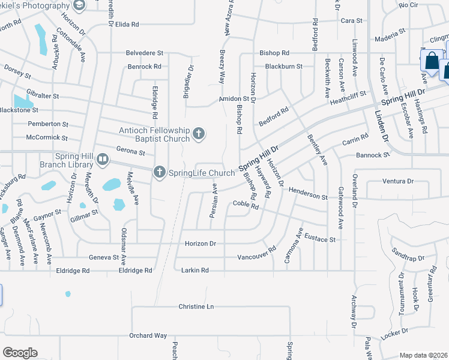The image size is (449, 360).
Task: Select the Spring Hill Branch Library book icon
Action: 103,160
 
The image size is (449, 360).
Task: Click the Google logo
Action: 20,352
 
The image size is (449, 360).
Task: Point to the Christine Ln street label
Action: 196,307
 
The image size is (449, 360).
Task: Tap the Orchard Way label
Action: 148,335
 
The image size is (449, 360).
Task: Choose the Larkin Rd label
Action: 194,271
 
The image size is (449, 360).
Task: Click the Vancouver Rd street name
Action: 256,253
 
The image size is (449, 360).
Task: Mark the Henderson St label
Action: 308,193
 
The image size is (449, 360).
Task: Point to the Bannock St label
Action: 373,154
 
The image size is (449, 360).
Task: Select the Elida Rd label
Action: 127,25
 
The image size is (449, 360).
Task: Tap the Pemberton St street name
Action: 48,124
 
